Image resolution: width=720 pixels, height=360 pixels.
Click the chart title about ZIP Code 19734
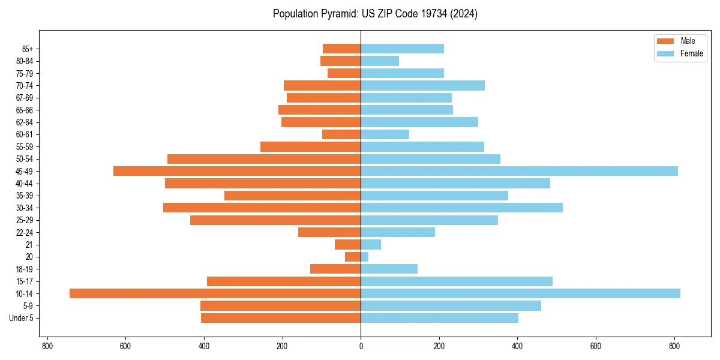(x=375, y=14)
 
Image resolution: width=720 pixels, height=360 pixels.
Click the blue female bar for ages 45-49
(x=519, y=171)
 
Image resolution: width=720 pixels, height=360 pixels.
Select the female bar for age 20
(x=365, y=257)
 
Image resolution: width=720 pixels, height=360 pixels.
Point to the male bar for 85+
(x=342, y=49)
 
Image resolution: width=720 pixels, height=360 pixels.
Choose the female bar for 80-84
(x=380, y=61)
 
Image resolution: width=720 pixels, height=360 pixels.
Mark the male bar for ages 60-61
(x=341, y=134)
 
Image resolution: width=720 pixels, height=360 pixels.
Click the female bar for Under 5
(x=439, y=318)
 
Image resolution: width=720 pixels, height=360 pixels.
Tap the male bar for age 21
(x=348, y=244)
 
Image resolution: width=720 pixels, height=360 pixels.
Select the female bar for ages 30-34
(x=461, y=208)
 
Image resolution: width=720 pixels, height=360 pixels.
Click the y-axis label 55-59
(x=24, y=147)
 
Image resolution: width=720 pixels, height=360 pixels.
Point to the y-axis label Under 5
(x=22, y=318)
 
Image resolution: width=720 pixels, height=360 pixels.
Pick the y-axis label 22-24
(x=24, y=232)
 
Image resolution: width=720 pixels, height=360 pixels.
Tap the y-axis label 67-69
(x=24, y=98)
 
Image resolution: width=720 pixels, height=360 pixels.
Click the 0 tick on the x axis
(x=361, y=346)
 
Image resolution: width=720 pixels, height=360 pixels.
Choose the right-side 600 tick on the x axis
(x=596, y=346)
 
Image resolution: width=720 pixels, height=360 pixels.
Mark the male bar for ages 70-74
(x=322, y=85)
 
